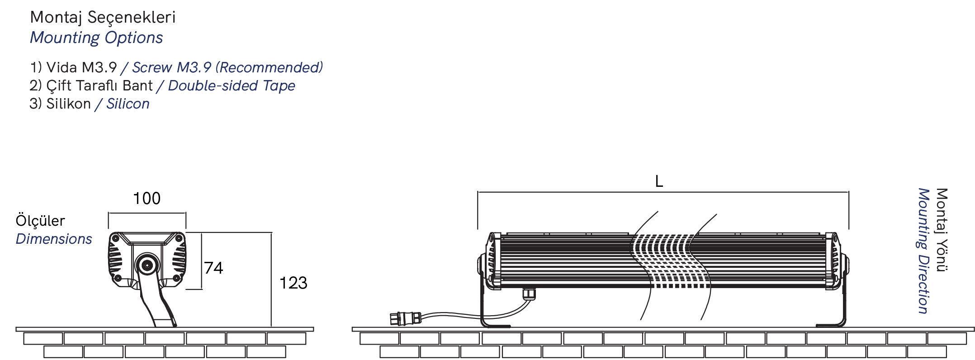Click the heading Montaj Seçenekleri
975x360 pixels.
(103, 18)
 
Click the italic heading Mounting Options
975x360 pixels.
(96, 38)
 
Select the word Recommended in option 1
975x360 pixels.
(269, 68)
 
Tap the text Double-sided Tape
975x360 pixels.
(231, 86)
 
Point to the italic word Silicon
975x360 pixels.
(128, 104)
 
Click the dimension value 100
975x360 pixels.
(147, 199)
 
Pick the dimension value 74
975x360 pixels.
(213, 268)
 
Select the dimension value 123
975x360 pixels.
(293, 283)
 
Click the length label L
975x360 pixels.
(659, 181)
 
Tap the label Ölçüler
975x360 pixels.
(40, 221)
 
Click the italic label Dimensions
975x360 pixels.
(54, 239)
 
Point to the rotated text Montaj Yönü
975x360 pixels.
(942, 230)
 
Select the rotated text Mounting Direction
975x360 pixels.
(923, 251)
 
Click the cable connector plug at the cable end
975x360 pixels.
(405, 318)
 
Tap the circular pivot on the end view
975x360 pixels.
(147, 265)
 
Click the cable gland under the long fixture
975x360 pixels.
(529, 294)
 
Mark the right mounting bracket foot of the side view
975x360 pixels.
(831, 324)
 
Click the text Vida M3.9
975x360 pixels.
(81, 68)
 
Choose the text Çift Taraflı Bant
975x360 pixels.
(99, 86)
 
